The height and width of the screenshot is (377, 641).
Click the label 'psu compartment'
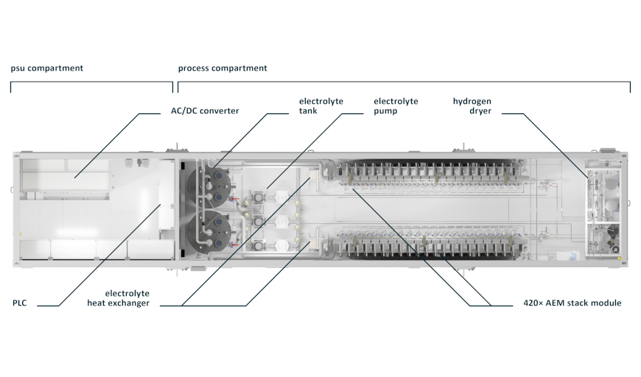point(46,68)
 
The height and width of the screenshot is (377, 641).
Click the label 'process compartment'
point(223,68)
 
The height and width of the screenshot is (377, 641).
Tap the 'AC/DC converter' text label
point(200,111)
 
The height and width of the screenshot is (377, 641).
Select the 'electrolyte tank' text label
point(320,106)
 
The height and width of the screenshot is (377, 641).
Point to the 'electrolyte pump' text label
point(396,106)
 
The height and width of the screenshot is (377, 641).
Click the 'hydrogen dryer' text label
point(472,106)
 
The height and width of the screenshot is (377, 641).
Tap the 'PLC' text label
point(20,303)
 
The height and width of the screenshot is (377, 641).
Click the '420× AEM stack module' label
point(567,303)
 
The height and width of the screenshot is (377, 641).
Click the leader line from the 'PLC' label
point(103,258)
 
